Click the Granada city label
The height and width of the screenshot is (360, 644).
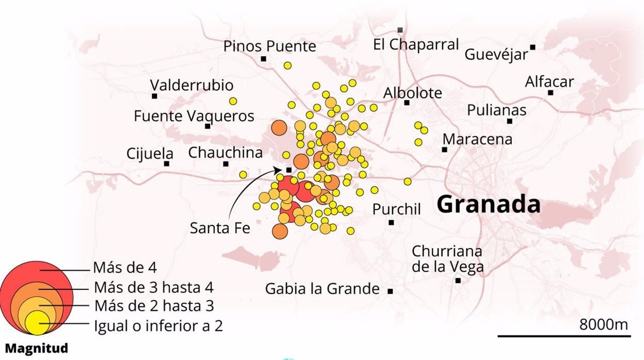pos(488,205)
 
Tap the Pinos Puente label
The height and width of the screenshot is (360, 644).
pos(269,46)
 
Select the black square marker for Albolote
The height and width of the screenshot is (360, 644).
pos(407,103)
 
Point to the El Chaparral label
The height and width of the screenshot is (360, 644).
pos(416,44)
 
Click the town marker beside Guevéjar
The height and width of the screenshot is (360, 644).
pos(533,47)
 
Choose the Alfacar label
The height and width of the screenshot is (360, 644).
pos(549,82)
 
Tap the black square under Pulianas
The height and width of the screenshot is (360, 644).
pos(509,121)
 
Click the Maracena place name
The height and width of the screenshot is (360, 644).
pos(477,139)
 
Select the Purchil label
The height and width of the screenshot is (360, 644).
pos(396,209)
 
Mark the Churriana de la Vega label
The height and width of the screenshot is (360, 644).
pos(447,259)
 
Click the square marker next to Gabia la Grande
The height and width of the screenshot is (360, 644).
pos(390,291)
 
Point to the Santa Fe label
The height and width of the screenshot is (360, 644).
pos(220,227)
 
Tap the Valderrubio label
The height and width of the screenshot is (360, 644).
pos(191,85)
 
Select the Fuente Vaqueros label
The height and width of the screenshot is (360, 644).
pos(194,116)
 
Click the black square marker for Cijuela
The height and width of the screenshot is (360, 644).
pos(166,164)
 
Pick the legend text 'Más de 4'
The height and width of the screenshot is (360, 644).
pos(125,268)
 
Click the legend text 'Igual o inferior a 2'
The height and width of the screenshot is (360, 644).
pos(158,326)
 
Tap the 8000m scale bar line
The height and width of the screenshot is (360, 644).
pos(565,336)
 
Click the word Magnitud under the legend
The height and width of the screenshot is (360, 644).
pos(37,349)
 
